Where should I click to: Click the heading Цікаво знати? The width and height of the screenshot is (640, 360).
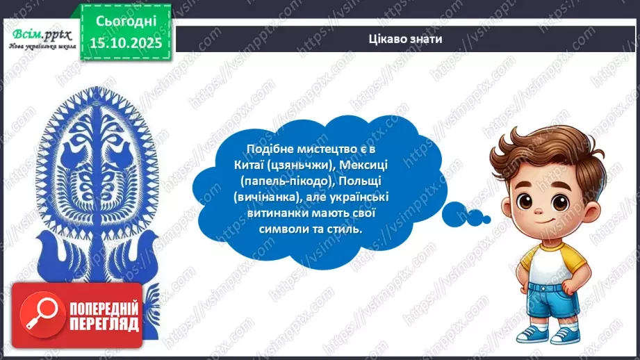point(406,39)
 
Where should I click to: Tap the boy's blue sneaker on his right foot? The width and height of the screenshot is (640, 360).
point(530,332)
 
